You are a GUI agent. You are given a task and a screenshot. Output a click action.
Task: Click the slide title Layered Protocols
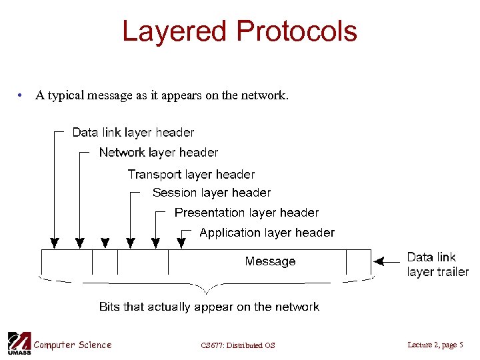pyautogui.click(x=239, y=31)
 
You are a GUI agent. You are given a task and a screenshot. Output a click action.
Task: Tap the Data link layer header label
pyautogui.click(x=133, y=132)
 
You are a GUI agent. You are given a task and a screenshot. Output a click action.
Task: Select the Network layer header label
pyautogui.click(x=159, y=153)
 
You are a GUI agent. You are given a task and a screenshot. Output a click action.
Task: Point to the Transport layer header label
pyautogui.click(x=191, y=175)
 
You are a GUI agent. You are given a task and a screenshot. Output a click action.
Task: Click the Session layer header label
pyautogui.click(x=211, y=193)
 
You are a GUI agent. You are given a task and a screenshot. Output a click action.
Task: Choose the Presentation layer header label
pyautogui.click(x=247, y=213)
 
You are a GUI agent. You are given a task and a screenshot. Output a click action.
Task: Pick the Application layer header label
pyautogui.click(x=267, y=233)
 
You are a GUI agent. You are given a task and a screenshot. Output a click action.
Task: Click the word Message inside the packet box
pyautogui.click(x=270, y=261)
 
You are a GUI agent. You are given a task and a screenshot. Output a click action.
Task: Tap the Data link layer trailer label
pyautogui.click(x=437, y=264)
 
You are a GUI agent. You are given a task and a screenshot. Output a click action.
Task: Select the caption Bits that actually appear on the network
pyautogui.click(x=209, y=307)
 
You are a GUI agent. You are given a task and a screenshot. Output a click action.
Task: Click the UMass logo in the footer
pyautogui.click(x=18, y=343)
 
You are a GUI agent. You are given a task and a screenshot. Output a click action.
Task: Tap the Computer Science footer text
pyautogui.click(x=73, y=345)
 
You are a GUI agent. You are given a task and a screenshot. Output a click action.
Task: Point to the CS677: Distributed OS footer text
pyautogui.click(x=237, y=345)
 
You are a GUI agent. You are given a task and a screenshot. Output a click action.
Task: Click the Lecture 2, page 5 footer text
pyautogui.click(x=435, y=345)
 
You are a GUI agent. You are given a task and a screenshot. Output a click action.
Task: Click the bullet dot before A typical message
pyautogui.click(x=22, y=96)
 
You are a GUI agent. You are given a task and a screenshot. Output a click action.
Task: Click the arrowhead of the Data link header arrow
pyautogui.click(x=54, y=243)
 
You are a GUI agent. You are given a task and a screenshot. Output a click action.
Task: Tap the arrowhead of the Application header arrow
pyautogui.click(x=181, y=243)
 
